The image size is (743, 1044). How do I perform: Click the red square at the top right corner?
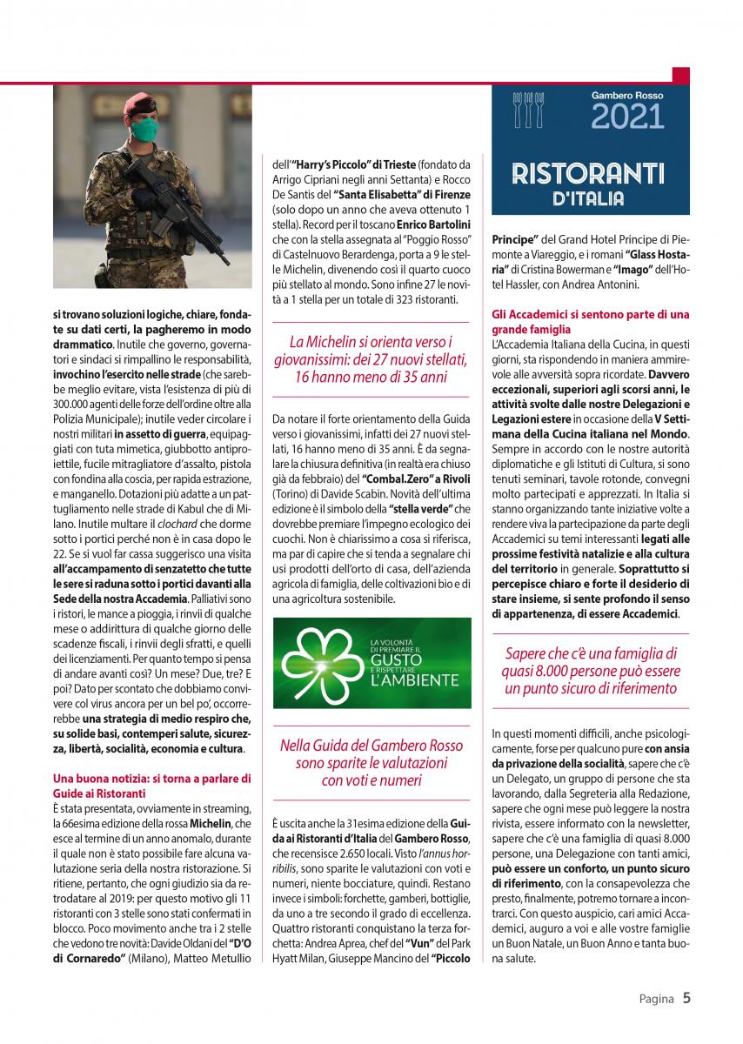point(680,76)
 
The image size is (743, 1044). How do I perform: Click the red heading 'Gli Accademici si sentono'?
point(590,322)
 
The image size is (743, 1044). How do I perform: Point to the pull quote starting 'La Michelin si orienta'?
point(372,359)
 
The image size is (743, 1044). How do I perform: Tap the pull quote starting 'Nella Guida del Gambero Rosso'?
point(372,762)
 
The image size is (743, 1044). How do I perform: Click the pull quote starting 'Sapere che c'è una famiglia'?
point(590,671)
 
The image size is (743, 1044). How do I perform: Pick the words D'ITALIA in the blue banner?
point(589,198)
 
